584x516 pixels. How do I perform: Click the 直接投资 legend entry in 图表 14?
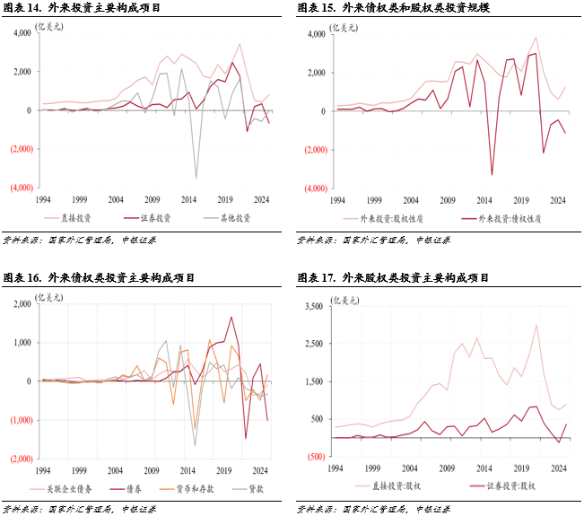73,217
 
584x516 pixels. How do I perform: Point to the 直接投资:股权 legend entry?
394,485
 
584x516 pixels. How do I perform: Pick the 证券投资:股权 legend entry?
501,485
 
